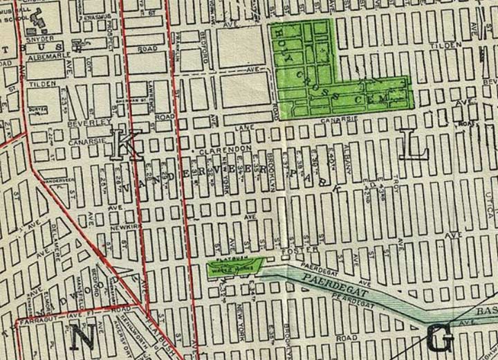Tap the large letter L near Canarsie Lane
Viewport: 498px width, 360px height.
pyautogui.click(x=417, y=145)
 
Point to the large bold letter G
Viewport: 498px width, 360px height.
pyautogui.click(x=440, y=339)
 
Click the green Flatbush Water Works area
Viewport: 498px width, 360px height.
pyautogui.click(x=235, y=267)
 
